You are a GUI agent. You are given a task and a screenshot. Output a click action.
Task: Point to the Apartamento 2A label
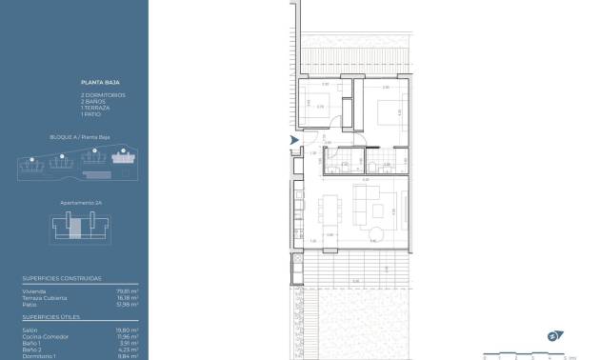[x=81, y=203]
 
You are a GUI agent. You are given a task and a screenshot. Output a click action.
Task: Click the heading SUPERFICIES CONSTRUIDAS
[x=62, y=278]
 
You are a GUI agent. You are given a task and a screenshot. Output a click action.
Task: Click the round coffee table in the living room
[x=378, y=234]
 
